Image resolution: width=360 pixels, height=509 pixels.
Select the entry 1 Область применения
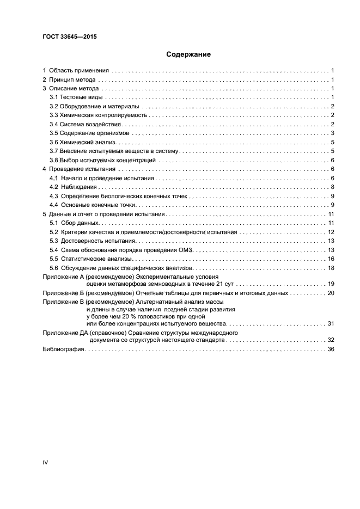77,71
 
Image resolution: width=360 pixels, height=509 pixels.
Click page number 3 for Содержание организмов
332,133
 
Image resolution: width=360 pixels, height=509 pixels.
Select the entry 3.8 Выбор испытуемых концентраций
103,160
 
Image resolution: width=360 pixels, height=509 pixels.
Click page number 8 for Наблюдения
332,187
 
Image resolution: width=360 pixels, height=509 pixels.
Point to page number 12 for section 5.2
331,232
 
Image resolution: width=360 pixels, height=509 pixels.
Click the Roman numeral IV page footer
46,462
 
